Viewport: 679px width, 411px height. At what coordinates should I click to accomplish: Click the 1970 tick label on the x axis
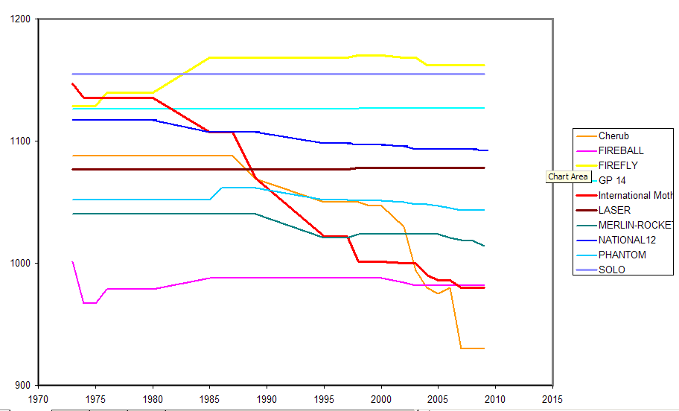click(38, 399)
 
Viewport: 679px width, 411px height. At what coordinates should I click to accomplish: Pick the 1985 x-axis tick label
click(210, 399)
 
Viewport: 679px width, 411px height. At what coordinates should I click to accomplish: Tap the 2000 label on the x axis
click(381, 399)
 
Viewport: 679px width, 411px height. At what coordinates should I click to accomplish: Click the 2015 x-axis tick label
click(552, 399)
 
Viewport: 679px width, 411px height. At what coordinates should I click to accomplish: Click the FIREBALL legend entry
click(620, 150)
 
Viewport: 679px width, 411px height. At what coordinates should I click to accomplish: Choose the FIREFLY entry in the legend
click(617, 165)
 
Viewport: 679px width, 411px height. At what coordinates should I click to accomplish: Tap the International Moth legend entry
click(634, 195)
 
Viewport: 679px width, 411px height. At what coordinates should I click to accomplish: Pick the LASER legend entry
click(614, 210)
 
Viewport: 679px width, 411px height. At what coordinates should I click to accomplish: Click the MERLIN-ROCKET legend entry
click(637, 225)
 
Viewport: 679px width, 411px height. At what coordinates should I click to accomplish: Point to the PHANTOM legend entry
click(622, 255)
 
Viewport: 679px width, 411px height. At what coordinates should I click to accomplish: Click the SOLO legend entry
click(611, 270)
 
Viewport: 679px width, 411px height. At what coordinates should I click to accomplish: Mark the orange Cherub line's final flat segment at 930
click(472, 348)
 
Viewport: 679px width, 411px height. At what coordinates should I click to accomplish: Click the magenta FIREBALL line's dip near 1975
click(89, 303)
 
